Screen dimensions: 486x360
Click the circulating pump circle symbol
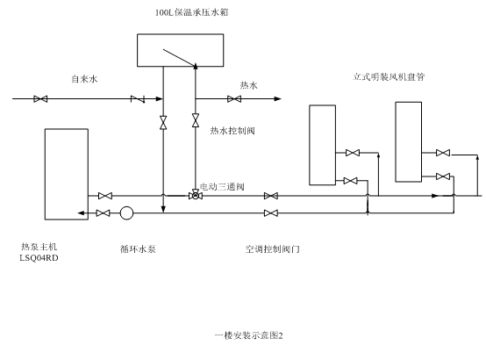point(126,213)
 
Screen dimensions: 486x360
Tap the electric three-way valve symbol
point(196,196)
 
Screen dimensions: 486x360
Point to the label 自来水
point(84,79)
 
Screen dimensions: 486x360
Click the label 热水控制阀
point(232,131)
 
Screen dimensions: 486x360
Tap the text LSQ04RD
point(39,258)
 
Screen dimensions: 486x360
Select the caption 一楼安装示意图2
point(248,335)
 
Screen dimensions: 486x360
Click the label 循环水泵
point(138,248)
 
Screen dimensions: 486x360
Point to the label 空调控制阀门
point(273,248)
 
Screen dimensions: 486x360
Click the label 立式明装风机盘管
point(389,76)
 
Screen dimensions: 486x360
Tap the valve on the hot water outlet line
point(234,99)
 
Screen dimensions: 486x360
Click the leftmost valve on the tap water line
point(40,99)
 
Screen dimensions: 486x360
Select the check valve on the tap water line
point(138,99)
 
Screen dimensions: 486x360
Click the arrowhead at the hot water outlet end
point(278,99)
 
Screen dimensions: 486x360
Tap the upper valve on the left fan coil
point(353,153)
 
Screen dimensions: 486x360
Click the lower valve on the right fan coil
point(443,176)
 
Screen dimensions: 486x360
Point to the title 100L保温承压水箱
point(192,12)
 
